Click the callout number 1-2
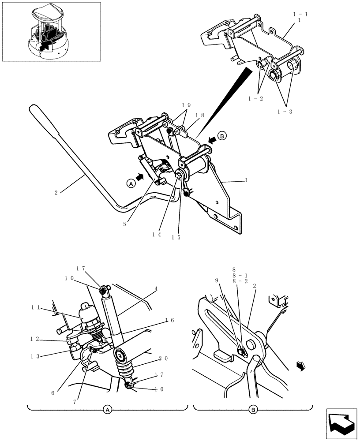pyautogui.click(x=255, y=98)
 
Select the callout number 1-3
pyautogui.click(x=285, y=112)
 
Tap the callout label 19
pyautogui.click(x=186, y=105)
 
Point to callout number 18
pyautogui.click(x=200, y=115)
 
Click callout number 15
pyautogui.click(x=176, y=237)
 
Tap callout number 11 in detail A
pyautogui.click(x=36, y=307)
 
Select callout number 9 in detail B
pyautogui.click(x=217, y=280)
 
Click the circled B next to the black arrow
pyautogui.click(x=222, y=136)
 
